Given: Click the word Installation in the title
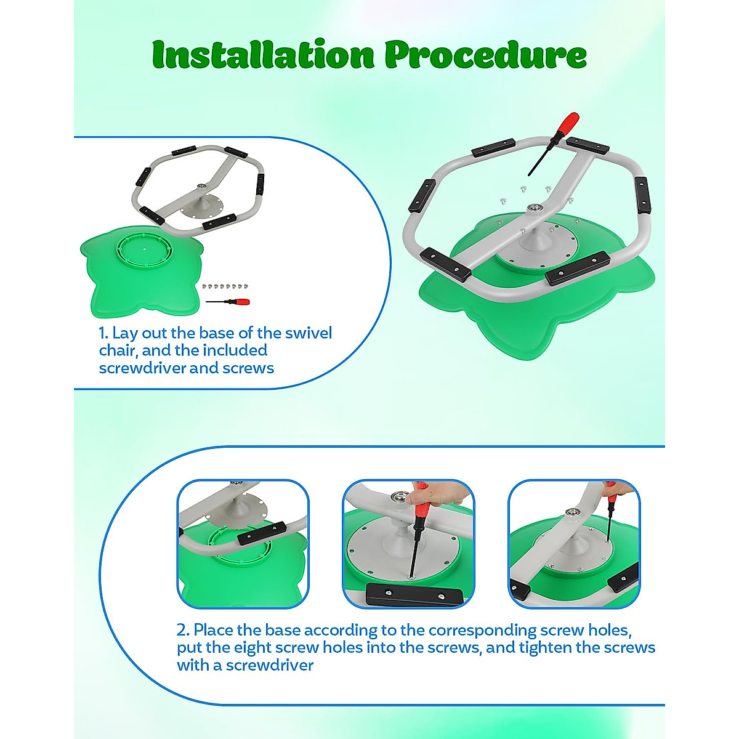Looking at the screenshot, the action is [x=263, y=54].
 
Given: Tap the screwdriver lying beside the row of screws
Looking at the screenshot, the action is [x=228, y=302].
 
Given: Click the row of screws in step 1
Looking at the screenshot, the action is [x=225, y=286].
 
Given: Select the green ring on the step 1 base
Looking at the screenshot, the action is [x=145, y=251].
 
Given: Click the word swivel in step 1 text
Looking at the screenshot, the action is [x=309, y=333].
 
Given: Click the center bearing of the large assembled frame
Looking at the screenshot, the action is [x=532, y=208].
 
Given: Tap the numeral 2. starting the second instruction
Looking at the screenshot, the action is [x=183, y=630].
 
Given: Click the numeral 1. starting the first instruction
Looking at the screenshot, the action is [x=103, y=333].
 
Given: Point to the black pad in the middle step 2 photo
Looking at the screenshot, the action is [x=414, y=595].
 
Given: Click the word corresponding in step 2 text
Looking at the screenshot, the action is [x=482, y=631].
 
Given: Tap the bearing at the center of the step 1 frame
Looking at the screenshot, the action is [x=201, y=187].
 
